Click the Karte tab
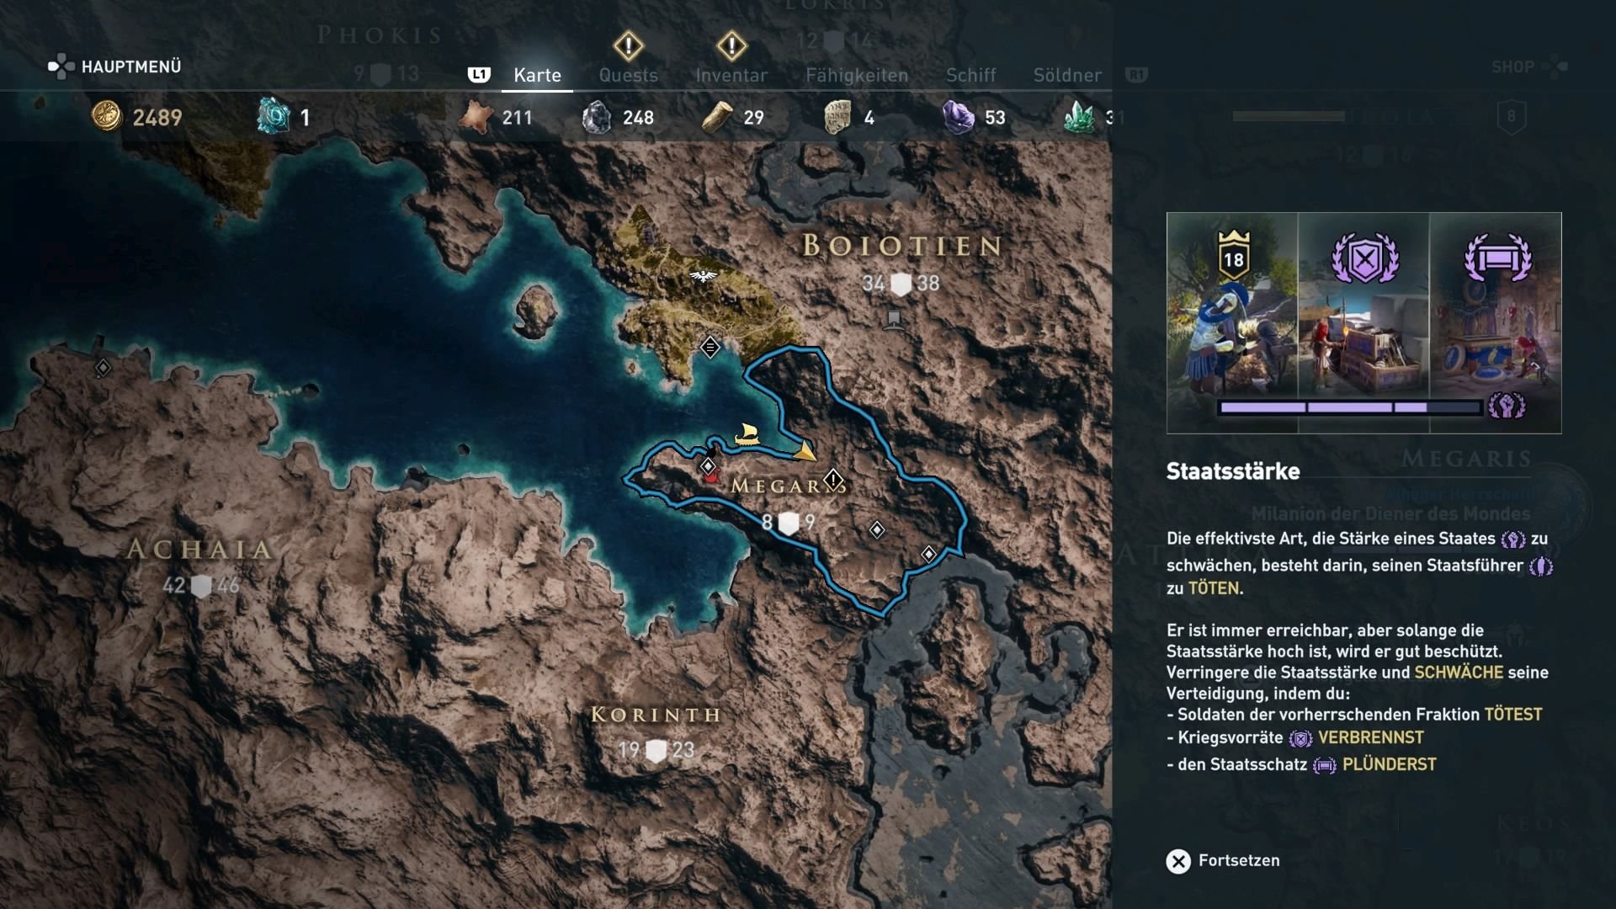[x=537, y=75]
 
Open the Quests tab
[x=628, y=75]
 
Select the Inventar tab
[x=731, y=75]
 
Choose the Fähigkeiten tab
[x=857, y=75]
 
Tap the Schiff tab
[x=970, y=75]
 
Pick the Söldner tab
[x=1067, y=75]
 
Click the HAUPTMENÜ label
[x=130, y=66]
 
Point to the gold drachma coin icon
[x=107, y=116]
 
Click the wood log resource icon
[x=717, y=117]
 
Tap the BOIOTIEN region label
[x=901, y=246]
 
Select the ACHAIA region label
[x=199, y=550]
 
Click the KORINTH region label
[x=656, y=715]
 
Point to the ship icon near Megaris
[x=747, y=434]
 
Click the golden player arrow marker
[x=805, y=452]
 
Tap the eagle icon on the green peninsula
[x=702, y=275]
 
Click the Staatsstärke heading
[x=1232, y=471]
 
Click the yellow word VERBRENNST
[x=1370, y=737]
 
